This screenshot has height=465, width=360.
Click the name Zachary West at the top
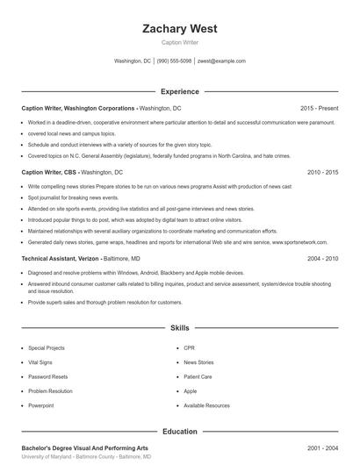179,28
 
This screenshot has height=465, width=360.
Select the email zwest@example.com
221,61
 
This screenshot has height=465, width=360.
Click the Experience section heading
179,91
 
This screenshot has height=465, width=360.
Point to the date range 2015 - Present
319,108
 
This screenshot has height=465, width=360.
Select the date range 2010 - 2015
322,173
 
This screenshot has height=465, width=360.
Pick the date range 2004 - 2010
322,259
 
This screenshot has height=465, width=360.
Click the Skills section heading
179,328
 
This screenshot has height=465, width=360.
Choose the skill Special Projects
47,347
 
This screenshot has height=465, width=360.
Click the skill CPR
189,347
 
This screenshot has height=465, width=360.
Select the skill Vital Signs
40,362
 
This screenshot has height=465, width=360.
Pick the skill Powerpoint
41,405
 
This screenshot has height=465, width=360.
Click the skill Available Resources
206,405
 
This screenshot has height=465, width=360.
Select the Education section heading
179,432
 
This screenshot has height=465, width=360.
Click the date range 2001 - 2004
322,448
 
